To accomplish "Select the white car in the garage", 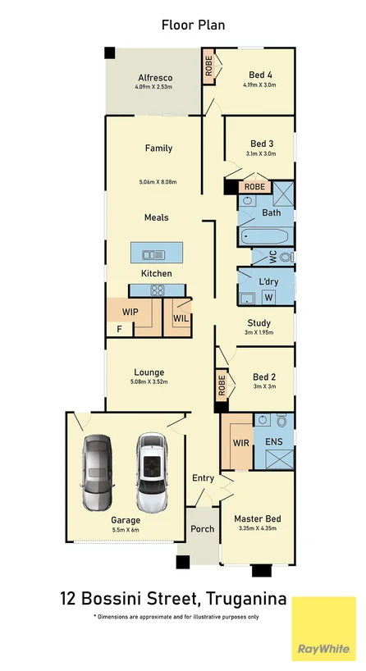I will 151,472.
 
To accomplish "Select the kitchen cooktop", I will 157,289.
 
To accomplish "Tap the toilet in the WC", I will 284,257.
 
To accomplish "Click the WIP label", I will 130,313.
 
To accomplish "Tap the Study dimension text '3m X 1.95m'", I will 258,334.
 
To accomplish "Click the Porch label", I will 202,529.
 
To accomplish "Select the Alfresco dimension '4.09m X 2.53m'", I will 154,87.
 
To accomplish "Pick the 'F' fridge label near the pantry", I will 119,329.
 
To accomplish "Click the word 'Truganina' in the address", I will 246,600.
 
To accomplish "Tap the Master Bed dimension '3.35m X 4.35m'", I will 258,530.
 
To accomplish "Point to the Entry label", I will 203,478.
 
